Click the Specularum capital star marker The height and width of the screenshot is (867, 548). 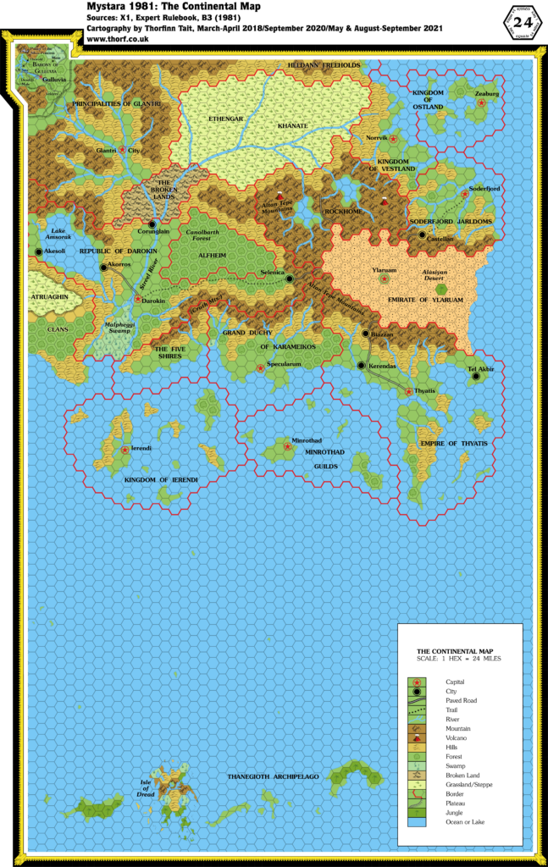pyautogui.click(x=260, y=367)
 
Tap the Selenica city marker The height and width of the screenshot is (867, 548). pyautogui.click(x=290, y=278)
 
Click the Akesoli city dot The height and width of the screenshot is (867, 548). pyautogui.click(x=39, y=251)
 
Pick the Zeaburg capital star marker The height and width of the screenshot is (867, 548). pyautogui.click(x=482, y=102)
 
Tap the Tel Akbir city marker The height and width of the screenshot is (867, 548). pyautogui.click(x=476, y=377)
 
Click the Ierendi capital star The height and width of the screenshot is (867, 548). pyautogui.click(x=125, y=449)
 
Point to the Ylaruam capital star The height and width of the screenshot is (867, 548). pyautogui.click(x=385, y=278)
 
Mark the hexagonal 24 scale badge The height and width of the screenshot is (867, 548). pyautogui.click(x=520, y=21)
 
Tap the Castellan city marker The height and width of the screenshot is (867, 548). pyautogui.click(x=422, y=235)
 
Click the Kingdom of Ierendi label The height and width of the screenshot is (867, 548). pyautogui.click(x=161, y=480)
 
